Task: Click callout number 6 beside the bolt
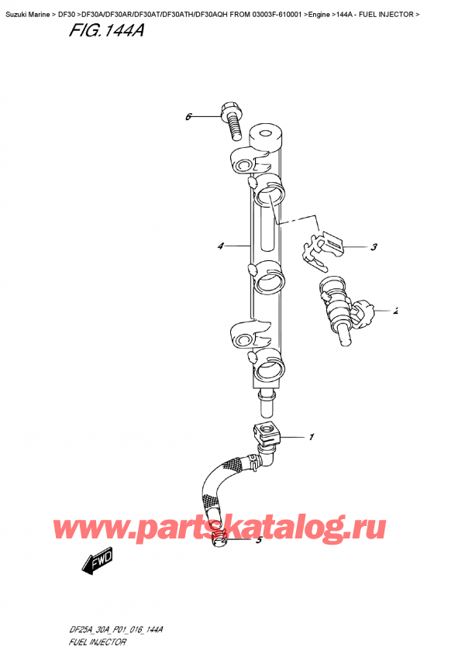click(x=188, y=117)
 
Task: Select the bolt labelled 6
click(x=230, y=115)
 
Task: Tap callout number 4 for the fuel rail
click(x=221, y=246)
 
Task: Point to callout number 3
click(x=374, y=248)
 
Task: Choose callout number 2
click(x=395, y=311)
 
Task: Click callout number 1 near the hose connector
click(x=312, y=438)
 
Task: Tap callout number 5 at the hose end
click(x=258, y=540)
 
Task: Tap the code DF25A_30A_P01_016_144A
click(x=112, y=631)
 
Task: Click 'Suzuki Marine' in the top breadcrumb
click(x=29, y=7)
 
